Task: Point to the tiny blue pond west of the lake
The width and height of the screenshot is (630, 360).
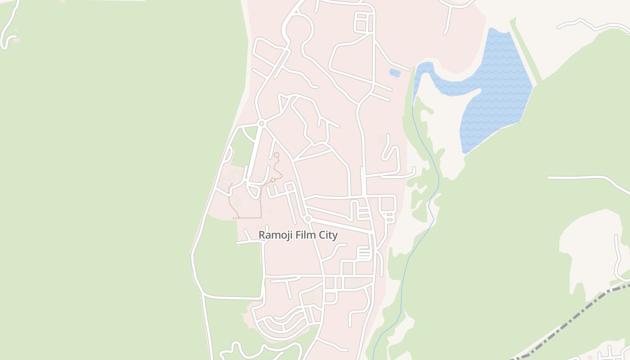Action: point(395,72)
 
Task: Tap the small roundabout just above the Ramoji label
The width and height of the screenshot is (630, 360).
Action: point(308,219)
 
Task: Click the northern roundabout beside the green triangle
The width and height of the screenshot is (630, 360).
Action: point(261,123)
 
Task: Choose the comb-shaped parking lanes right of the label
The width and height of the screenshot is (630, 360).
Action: point(364,253)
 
